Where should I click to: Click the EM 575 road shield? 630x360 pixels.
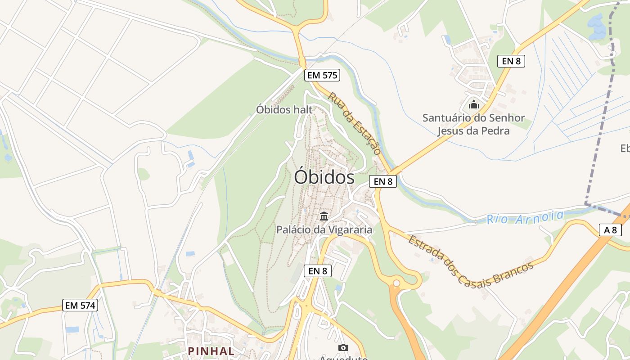pos(322,75)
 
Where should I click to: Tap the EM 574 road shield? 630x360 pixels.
pos(81,305)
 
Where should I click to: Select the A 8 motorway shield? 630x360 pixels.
pos(610,230)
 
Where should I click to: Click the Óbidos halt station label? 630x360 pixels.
pos(284,109)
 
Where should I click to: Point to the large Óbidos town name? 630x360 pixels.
pos(324,177)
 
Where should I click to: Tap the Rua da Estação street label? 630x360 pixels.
pos(355,123)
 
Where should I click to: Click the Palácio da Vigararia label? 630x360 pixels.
pos(324,229)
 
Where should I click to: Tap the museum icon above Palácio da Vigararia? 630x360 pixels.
pos(324,216)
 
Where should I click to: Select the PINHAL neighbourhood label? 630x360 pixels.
pos(211,351)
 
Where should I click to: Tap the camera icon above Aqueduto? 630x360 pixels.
pos(343,347)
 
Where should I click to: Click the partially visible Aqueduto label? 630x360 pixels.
pos(343,358)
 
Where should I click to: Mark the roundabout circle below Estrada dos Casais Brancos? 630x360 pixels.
pos(396,283)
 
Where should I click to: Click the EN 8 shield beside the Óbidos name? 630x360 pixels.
pos(382,181)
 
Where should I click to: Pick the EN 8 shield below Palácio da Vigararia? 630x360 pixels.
pos(317,270)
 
